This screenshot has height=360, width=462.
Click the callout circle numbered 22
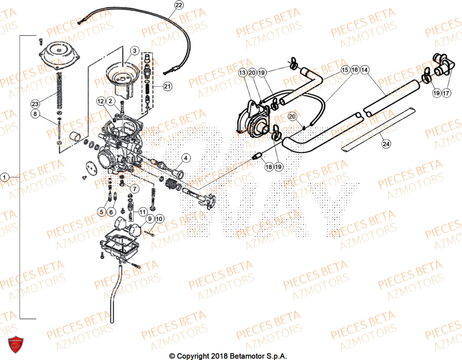click(178, 5)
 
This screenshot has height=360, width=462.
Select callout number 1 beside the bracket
click(5, 177)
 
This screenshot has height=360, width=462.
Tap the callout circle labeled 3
click(134, 50)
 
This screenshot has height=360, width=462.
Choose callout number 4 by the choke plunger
click(184, 159)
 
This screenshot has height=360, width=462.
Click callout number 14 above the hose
click(365, 70)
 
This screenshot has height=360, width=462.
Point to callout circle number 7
click(134, 189)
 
